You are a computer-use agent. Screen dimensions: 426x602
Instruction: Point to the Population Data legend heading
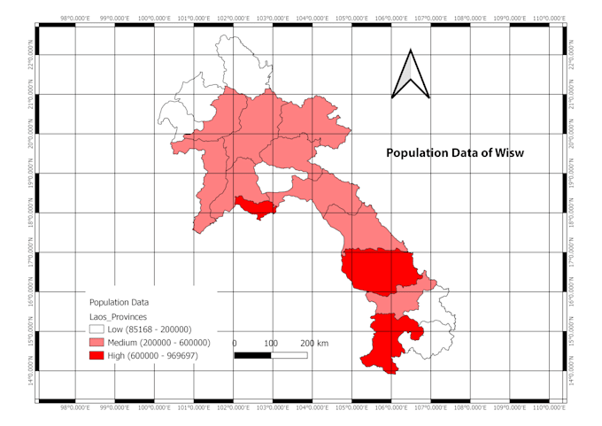tap(120, 302)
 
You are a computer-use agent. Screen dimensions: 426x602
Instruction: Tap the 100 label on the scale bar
tap(271, 343)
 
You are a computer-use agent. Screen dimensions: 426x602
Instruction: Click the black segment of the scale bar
tap(252, 355)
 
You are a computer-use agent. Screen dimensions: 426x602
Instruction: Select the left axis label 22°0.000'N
tap(33, 56)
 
